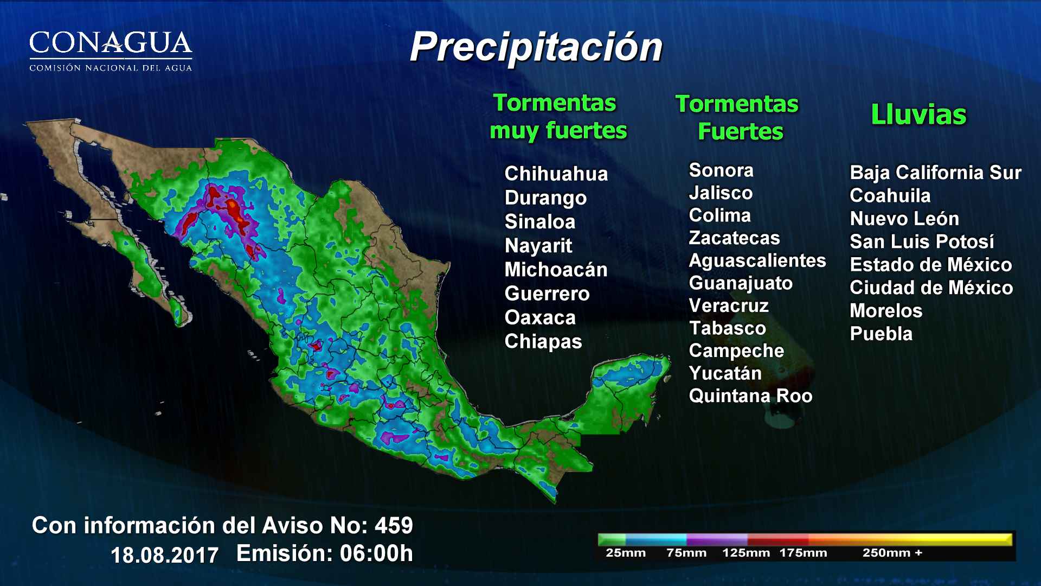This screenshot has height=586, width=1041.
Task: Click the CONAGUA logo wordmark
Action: click(x=111, y=42)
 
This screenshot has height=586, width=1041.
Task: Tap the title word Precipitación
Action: click(x=536, y=47)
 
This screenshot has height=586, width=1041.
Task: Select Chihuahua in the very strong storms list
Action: click(x=556, y=174)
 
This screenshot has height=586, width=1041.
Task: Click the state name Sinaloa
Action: click(x=539, y=221)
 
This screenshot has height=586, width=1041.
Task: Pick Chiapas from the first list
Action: click(x=543, y=341)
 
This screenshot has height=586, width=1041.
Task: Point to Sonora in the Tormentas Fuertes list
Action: click(x=721, y=170)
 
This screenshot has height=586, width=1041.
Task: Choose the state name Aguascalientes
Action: click(x=757, y=260)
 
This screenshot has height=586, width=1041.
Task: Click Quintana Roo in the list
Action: click(x=750, y=396)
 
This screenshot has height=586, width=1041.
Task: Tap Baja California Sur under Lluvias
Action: click(x=935, y=173)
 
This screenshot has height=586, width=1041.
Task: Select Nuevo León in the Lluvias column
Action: click(x=904, y=219)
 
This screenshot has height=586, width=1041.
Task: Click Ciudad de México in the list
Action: click(x=931, y=288)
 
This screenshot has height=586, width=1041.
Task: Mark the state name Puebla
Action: click(x=881, y=334)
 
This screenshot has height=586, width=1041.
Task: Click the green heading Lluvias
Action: click(x=918, y=115)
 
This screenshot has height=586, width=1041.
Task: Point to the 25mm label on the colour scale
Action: click(x=625, y=553)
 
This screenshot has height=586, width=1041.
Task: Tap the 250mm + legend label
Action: click(x=892, y=553)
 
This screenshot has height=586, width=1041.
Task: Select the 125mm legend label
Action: click(x=746, y=553)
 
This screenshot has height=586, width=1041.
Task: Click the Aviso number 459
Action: click(x=394, y=525)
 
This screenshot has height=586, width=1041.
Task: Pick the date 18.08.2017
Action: click(x=164, y=555)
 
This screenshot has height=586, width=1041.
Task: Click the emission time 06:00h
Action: click(x=376, y=553)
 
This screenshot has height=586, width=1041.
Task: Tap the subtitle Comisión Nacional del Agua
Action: click(x=111, y=68)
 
